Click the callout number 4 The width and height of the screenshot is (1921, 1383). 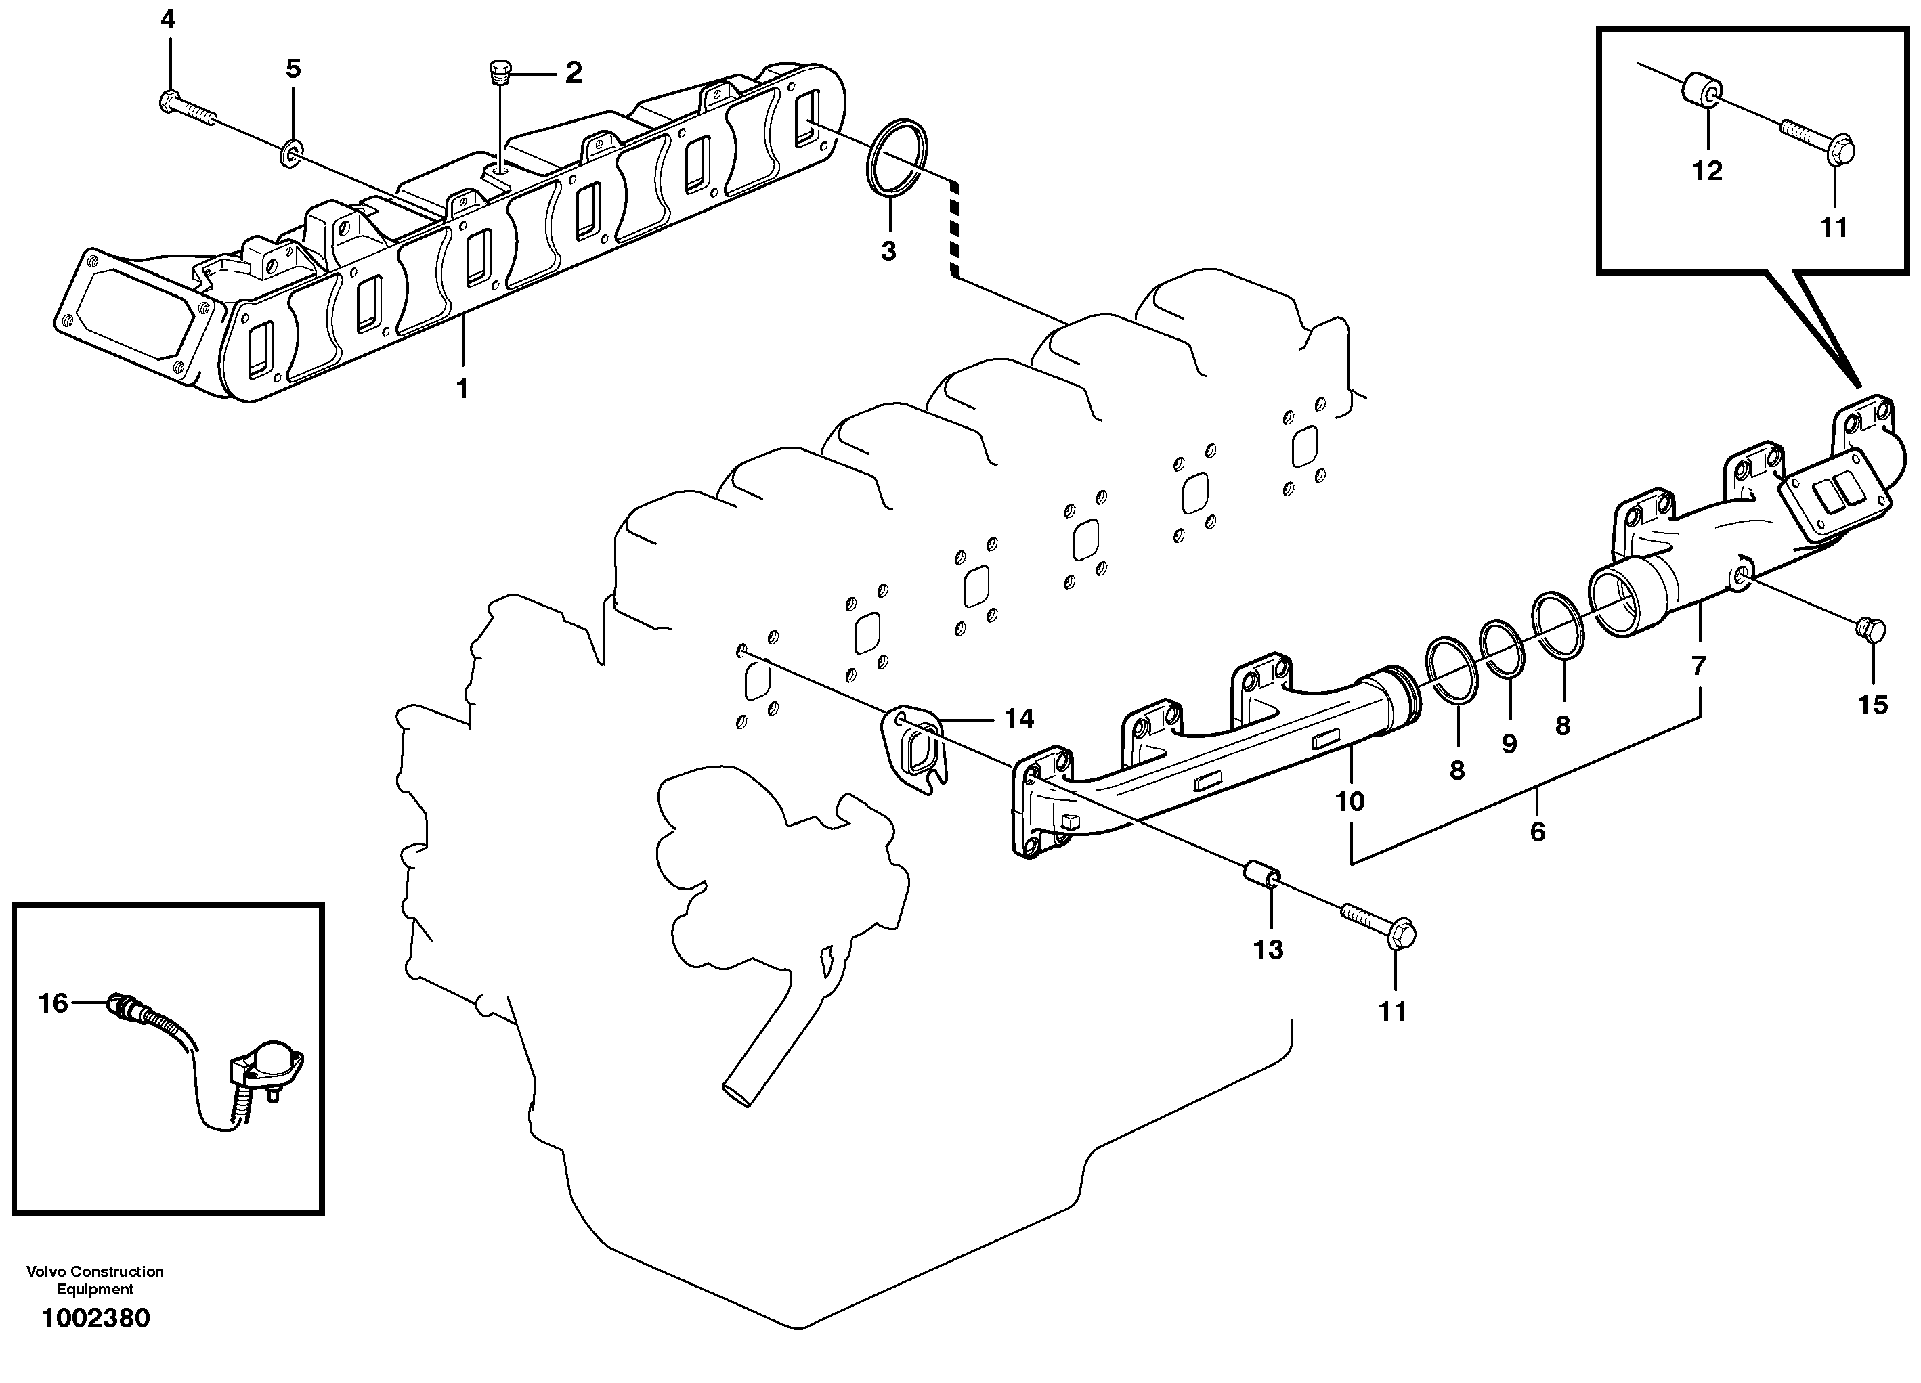click(x=168, y=20)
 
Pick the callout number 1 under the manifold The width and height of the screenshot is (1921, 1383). click(x=462, y=389)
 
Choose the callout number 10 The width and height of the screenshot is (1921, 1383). click(x=1350, y=800)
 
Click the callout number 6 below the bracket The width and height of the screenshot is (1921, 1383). click(x=1537, y=832)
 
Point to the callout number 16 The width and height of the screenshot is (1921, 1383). click(x=53, y=1004)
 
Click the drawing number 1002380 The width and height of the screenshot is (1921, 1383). click(x=95, y=1318)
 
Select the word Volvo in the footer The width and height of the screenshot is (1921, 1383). click(x=47, y=1271)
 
